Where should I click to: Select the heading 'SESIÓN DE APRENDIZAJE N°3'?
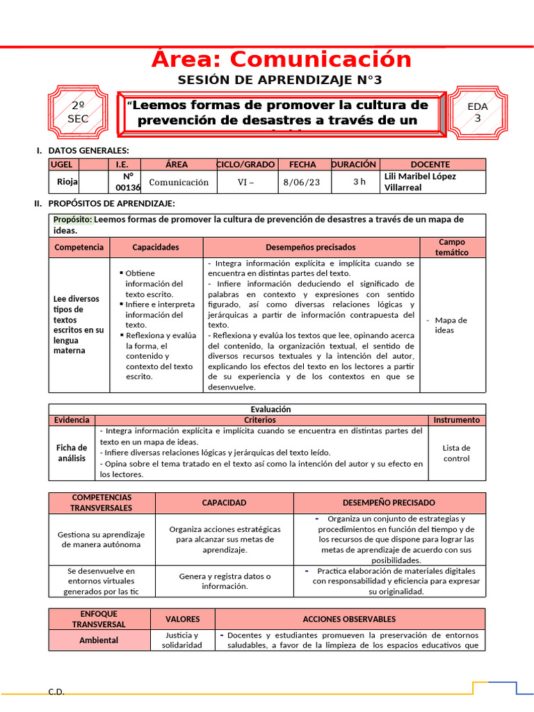point(280,80)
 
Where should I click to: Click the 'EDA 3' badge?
point(478,112)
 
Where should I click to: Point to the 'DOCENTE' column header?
point(430,165)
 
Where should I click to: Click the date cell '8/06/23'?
point(302,182)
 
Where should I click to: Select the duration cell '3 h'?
point(359,182)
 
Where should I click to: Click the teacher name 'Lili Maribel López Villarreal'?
point(420,182)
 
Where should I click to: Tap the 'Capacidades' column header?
point(156,247)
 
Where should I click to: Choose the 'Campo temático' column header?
point(452,247)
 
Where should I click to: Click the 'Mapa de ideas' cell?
point(451,325)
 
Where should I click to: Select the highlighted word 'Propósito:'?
point(72,220)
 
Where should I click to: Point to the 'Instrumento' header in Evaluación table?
point(456,420)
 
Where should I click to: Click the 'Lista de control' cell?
point(456,453)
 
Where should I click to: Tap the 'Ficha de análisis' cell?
point(72,453)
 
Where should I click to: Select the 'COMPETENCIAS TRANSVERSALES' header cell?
point(102,503)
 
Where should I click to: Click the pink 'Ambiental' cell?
point(99,640)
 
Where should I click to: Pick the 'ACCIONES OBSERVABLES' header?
point(350,619)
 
